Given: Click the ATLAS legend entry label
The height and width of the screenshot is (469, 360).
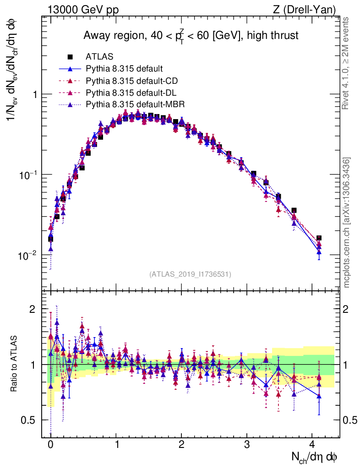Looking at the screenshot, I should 99,57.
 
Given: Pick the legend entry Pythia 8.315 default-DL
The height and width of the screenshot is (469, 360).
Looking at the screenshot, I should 131,93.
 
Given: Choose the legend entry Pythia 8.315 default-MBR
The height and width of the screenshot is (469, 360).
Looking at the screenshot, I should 135,105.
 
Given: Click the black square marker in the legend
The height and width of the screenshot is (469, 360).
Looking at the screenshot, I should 70,57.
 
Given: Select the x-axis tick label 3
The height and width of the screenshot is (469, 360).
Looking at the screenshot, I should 247,445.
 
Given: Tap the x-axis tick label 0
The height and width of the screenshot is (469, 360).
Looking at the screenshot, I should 50,445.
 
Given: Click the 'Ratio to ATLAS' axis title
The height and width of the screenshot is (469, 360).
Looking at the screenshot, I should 16,365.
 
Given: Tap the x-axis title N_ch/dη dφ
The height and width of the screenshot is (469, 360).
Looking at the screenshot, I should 315,457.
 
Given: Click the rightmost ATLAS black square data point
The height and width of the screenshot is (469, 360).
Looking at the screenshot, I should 319,238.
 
